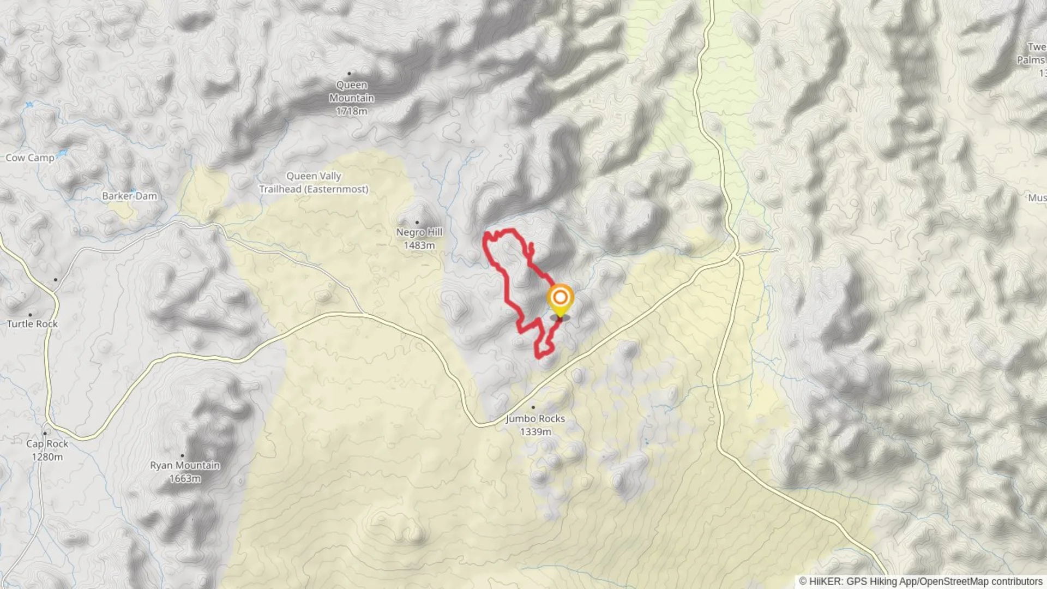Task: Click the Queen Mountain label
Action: pos(351,92)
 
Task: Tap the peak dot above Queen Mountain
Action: pos(349,73)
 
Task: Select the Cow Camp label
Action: pos(30,158)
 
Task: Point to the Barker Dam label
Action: pos(129,196)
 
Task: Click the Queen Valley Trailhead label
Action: pos(314,183)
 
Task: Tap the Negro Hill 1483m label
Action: pos(419,238)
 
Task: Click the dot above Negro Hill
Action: pos(417,223)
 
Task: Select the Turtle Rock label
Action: pos(32,324)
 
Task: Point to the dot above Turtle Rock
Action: pos(30,315)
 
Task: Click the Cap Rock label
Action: pos(47,444)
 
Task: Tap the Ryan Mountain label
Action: pos(185,465)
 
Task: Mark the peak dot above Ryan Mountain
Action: pos(182,455)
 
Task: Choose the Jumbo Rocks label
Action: pos(535,419)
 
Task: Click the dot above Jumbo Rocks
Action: pos(533,407)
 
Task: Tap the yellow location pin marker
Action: pos(560,299)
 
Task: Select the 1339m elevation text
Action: pos(535,432)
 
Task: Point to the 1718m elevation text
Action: pos(351,111)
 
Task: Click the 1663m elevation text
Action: pos(185,479)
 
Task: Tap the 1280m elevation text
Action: pos(47,457)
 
